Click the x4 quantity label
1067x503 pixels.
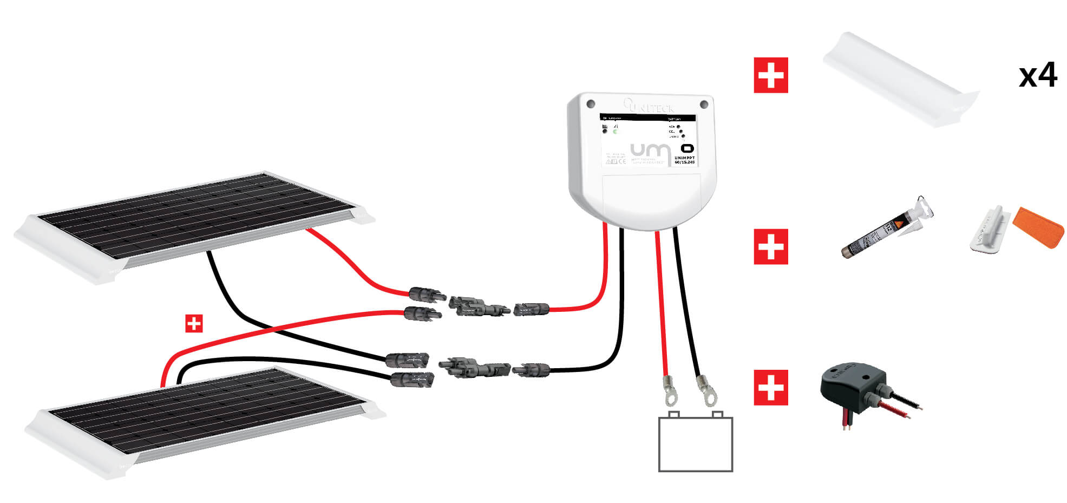pyautogui.click(x=1037, y=75)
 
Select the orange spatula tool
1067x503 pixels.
pyautogui.click(x=1038, y=227)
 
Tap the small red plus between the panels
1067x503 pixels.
pyautogui.click(x=194, y=323)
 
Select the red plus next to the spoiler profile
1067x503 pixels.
pyautogui.click(x=770, y=75)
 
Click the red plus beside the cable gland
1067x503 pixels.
pyautogui.click(x=770, y=388)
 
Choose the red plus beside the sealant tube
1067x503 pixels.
pyautogui.click(x=770, y=246)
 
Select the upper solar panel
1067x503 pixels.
pyautogui.click(x=195, y=217)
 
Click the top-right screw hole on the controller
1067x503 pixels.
pyautogui.click(x=704, y=104)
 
